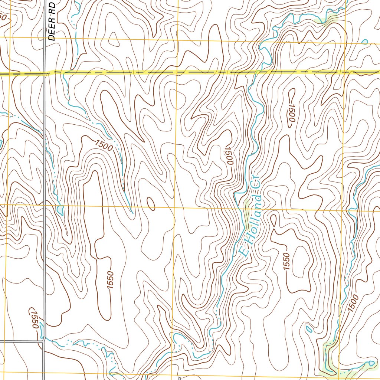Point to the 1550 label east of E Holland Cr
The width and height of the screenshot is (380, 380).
(x=286, y=261)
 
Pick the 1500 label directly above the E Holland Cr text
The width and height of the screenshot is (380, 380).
(x=228, y=155)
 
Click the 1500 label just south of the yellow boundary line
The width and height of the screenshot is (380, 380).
(x=291, y=111)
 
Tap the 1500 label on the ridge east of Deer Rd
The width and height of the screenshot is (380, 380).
(x=104, y=145)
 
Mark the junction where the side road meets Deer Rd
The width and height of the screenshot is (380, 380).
(x=43, y=340)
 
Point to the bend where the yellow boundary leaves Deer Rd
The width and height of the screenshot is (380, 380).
(x=50, y=73)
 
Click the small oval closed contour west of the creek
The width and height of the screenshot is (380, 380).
(x=151, y=203)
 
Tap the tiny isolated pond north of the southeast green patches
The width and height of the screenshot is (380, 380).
(x=308, y=328)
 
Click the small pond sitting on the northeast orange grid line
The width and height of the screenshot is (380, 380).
(x=365, y=42)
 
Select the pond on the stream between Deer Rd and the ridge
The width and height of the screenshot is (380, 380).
(x=60, y=210)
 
